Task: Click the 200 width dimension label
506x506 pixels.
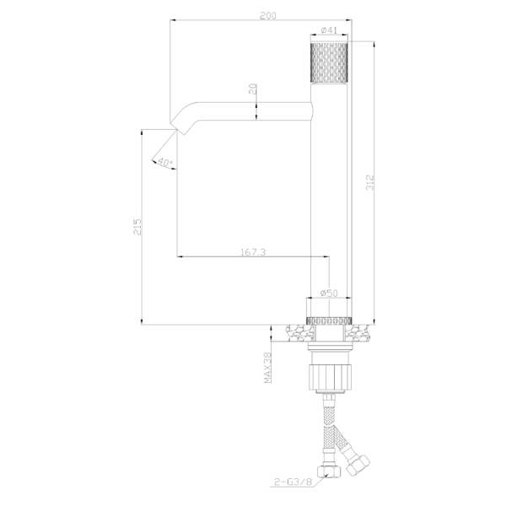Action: click(x=268, y=15)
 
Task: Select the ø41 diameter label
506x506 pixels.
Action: click(x=329, y=30)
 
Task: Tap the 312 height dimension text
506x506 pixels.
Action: click(x=370, y=182)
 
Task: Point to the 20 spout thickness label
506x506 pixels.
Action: click(x=254, y=89)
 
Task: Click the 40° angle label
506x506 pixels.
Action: click(x=165, y=162)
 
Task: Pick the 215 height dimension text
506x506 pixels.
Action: click(x=137, y=227)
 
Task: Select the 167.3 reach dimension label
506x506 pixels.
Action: click(x=253, y=251)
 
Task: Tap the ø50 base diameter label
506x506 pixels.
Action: click(x=329, y=293)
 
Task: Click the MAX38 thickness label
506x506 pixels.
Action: click(x=267, y=368)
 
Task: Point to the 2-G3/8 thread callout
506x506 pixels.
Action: click(x=293, y=482)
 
